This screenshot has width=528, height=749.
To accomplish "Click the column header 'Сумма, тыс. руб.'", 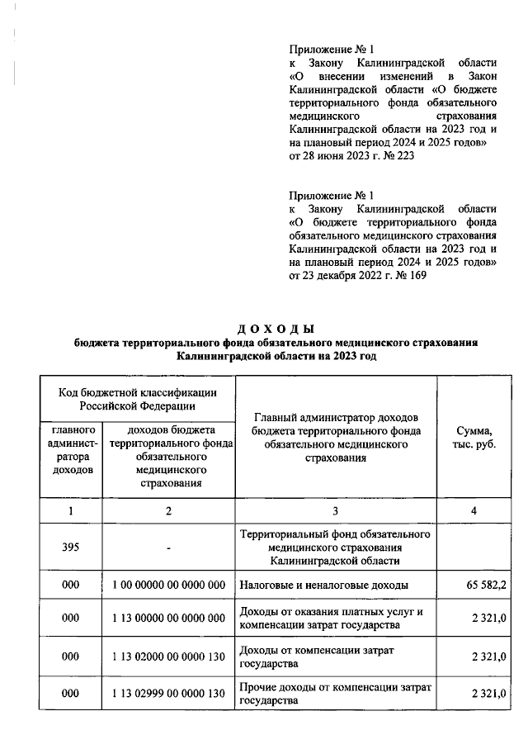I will pyautogui.click(x=474, y=438).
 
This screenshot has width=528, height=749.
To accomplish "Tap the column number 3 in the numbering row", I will pyautogui.click(x=336, y=511).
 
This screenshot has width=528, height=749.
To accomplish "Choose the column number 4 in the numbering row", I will pyautogui.click(x=474, y=511).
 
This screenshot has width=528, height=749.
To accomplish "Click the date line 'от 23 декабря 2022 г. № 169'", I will pyautogui.click(x=357, y=275).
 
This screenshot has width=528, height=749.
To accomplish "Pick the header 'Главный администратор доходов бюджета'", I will pyautogui.click(x=336, y=437).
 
